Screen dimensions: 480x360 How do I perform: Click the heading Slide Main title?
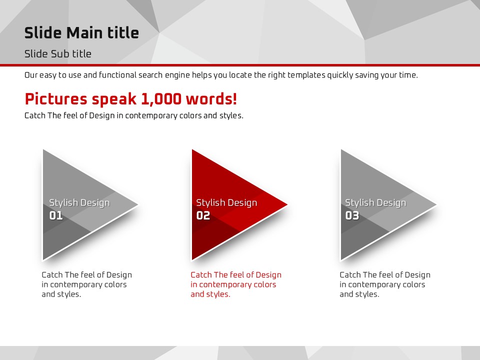pyautogui.click(x=81, y=33)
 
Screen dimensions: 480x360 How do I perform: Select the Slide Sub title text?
pyautogui.click(x=58, y=54)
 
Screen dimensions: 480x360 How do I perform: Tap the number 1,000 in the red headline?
pyautogui.click(x=161, y=99)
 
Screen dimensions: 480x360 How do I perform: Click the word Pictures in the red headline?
pyautogui.click(x=56, y=99)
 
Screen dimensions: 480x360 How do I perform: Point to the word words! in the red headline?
pyautogui.click(x=211, y=98)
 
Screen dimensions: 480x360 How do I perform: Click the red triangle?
pyautogui.click(x=232, y=204)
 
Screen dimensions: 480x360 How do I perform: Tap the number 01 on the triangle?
pyautogui.click(x=56, y=215)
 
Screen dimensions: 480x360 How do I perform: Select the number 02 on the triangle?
pyautogui.click(x=203, y=215)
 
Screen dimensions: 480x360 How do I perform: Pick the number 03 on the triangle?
pyautogui.click(x=352, y=215)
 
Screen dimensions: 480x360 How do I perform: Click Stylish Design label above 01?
pyautogui.click(x=79, y=202)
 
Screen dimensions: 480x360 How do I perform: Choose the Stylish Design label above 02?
pyautogui.click(x=226, y=202)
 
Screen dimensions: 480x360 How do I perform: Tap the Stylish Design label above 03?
pyautogui.click(x=375, y=202)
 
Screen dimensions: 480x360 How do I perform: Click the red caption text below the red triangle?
pyautogui.click(x=236, y=284)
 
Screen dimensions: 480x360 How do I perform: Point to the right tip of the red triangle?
pyautogui.click(x=287, y=204)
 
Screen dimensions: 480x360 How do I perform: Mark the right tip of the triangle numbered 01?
pyautogui.click(x=138, y=204)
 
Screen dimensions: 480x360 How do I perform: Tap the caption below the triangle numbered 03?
pyautogui.click(x=385, y=284)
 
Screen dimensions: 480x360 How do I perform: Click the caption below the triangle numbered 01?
pyautogui.click(x=87, y=284)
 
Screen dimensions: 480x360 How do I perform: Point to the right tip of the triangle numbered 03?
pyautogui.click(x=436, y=204)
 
